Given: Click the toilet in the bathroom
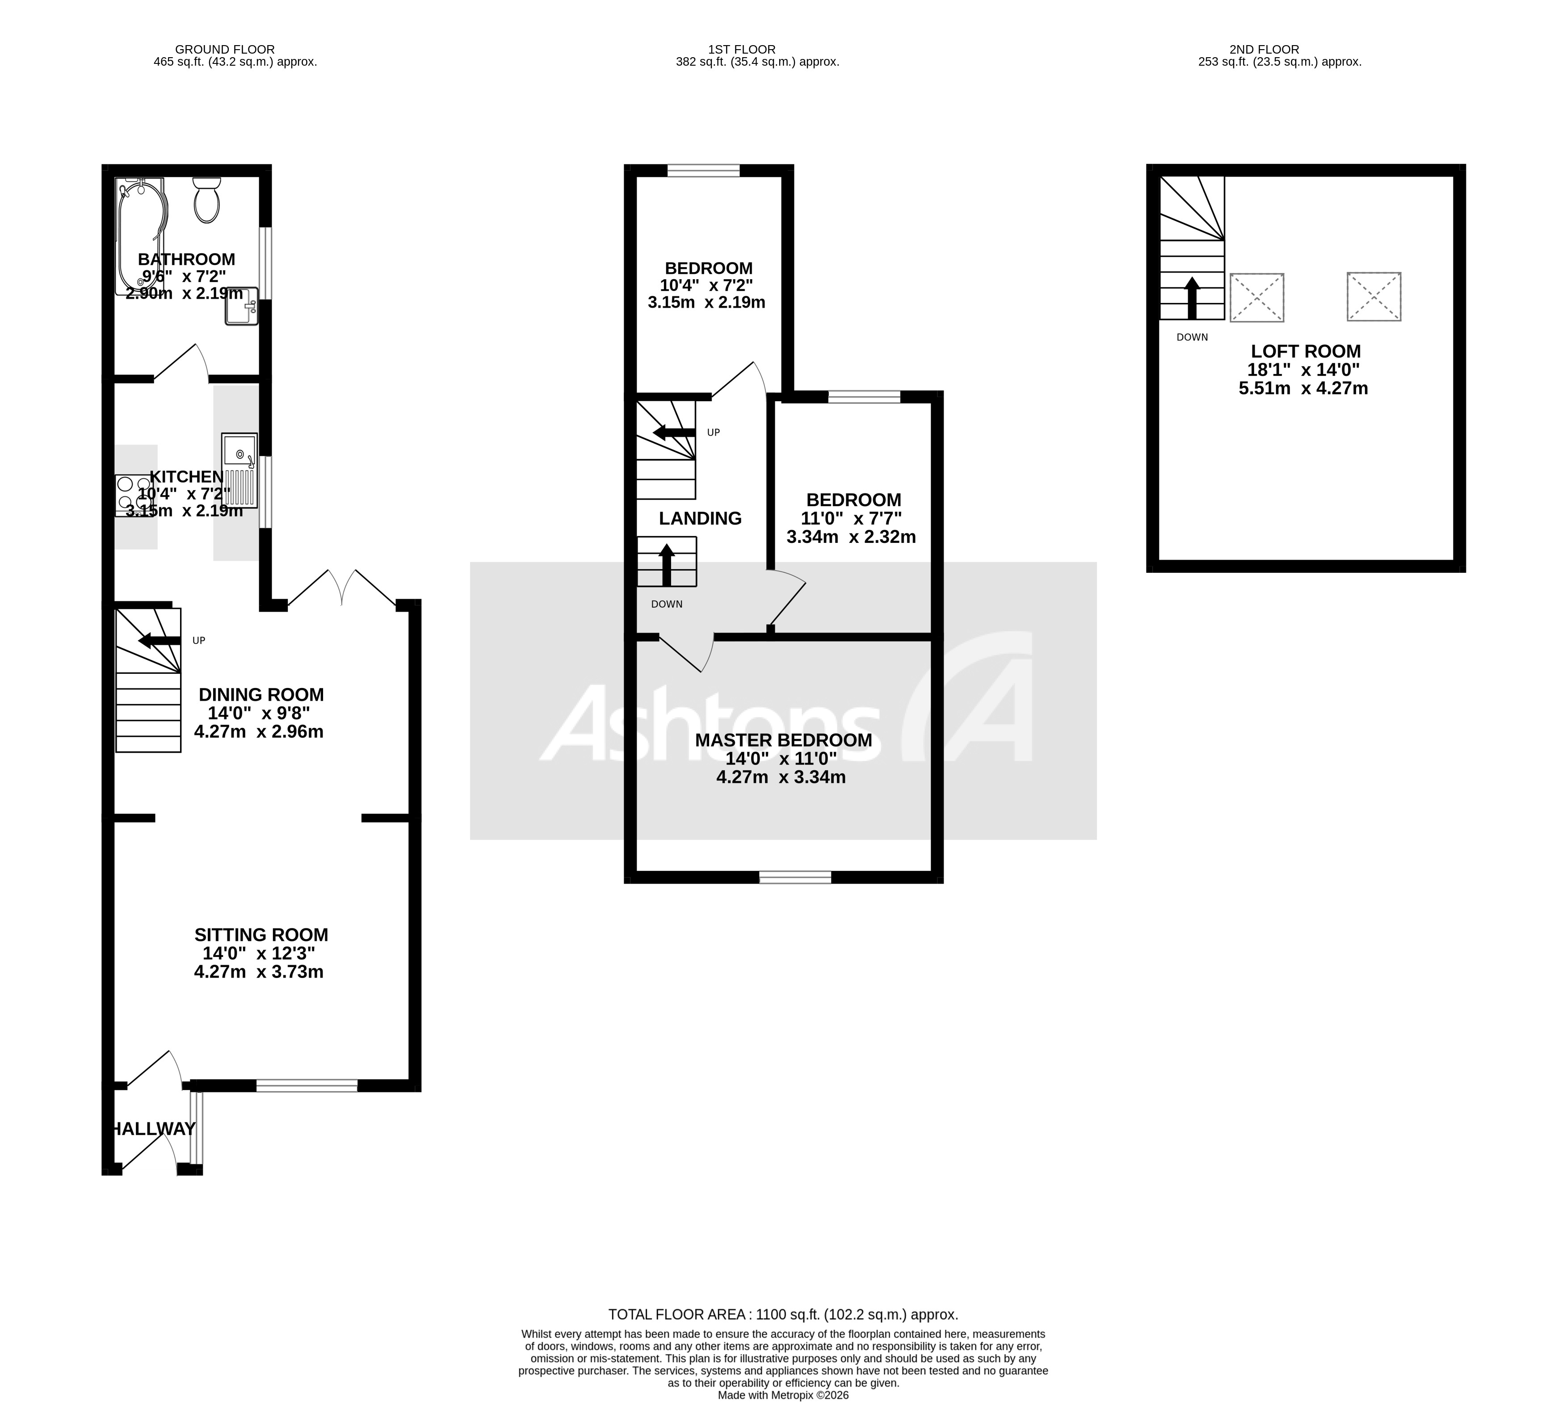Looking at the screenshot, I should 206,200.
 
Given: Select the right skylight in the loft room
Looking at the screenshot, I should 1374,297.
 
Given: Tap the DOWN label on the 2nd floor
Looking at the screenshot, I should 1192,337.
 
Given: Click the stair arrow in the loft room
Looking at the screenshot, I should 1192,298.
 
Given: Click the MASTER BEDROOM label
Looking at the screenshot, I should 783,740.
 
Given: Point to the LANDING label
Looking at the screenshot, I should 700,518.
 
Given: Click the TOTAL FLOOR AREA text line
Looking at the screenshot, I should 783,1315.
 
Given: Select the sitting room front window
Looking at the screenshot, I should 307,1085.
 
